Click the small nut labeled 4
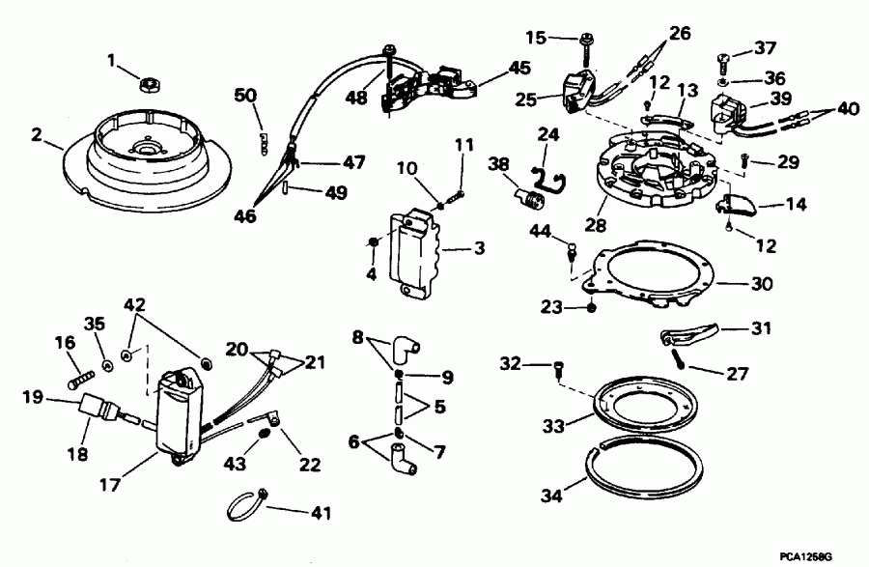[x=373, y=241]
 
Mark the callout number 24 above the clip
[x=548, y=132]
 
